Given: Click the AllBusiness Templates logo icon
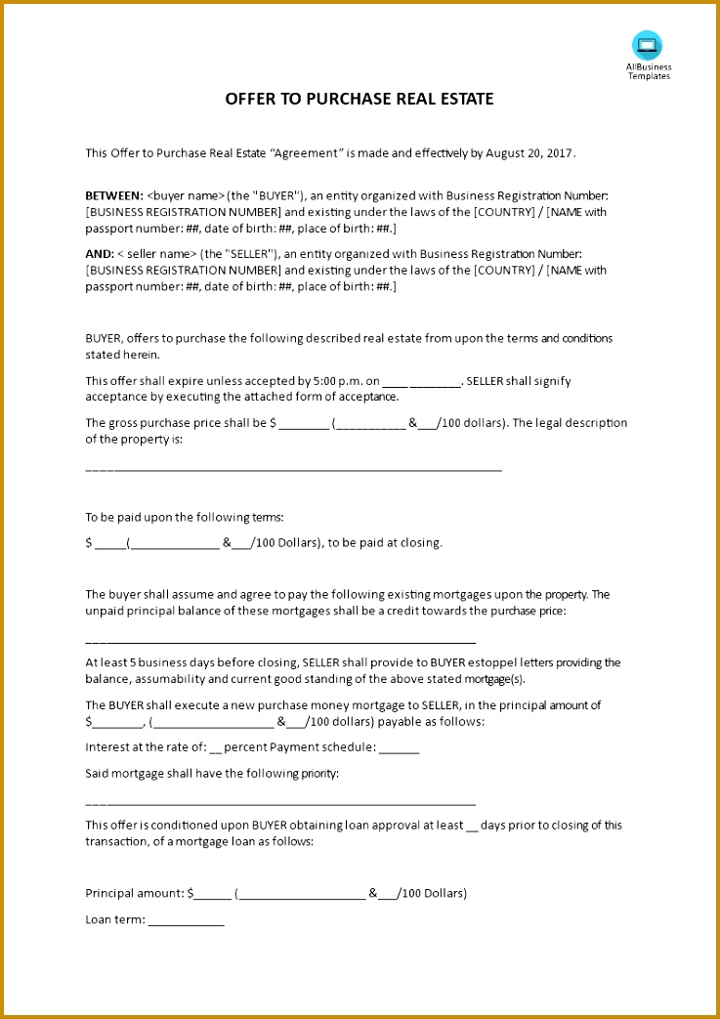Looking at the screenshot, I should (x=647, y=45).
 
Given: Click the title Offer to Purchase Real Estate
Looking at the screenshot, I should (x=360, y=99).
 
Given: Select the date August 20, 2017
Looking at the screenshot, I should (x=536, y=152).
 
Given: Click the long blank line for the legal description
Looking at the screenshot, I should (x=293, y=470).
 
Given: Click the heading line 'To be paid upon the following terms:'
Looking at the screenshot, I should (x=185, y=517).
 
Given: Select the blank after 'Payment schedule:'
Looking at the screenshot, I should (x=399, y=748).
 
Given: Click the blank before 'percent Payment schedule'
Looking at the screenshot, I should (x=216, y=748).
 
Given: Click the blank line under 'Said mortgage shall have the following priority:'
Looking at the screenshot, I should (x=280, y=803).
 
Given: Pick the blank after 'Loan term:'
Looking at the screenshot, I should (x=186, y=920).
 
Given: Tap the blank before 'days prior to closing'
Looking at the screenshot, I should (x=473, y=826).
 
